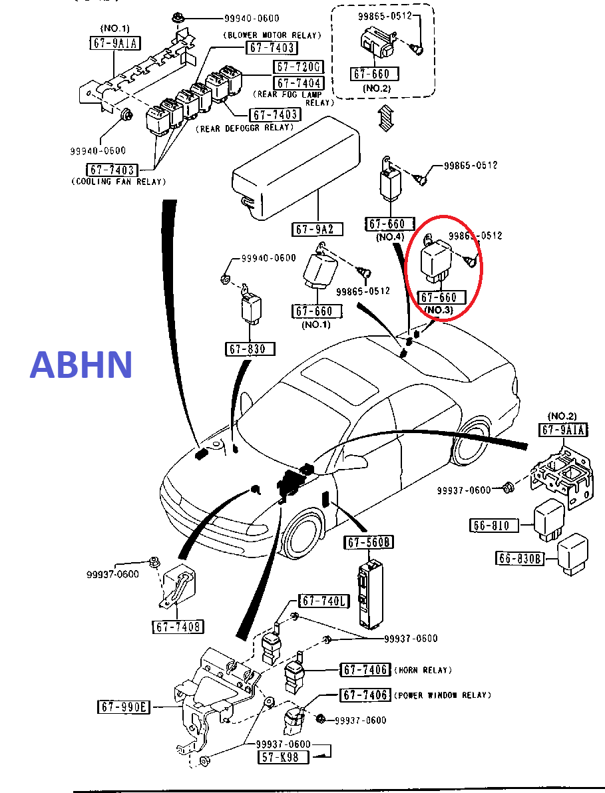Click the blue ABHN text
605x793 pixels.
point(81,365)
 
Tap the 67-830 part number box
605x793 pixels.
point(250,349)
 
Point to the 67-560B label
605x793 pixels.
point(369,543)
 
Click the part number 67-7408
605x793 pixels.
point(178,627)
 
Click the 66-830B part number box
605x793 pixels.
point(520,557)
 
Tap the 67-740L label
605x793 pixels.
point(323,601)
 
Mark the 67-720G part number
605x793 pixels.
point(298,67)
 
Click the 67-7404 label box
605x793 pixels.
point(298,83)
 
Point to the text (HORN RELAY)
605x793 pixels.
point(423,670)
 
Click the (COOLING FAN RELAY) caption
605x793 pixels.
point(118,181)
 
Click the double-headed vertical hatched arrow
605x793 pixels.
point(384,118)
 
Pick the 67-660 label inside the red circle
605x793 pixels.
point(437,298)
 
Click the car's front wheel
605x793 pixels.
point(302,536)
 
